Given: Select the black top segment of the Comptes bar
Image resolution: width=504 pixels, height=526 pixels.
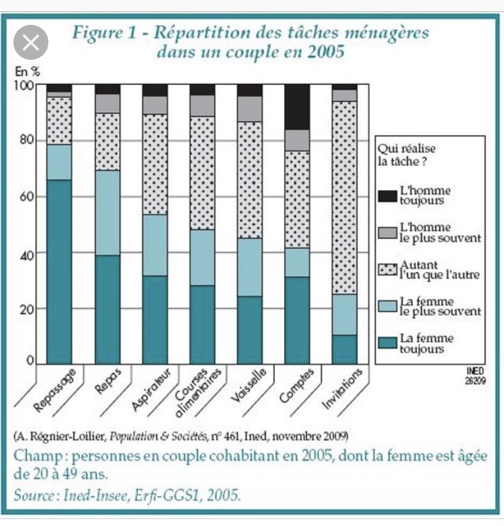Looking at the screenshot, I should point(296,107).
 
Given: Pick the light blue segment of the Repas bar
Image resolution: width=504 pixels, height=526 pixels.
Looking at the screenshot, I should point(107,212).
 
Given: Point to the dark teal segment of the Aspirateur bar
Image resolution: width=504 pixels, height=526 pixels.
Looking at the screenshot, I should point(155,320).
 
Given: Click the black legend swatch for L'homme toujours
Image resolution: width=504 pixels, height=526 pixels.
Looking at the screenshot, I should point(387,195).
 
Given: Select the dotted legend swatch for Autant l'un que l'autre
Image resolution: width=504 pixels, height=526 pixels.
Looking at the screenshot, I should point(387,269).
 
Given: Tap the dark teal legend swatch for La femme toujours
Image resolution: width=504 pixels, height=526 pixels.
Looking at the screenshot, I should point(387,343).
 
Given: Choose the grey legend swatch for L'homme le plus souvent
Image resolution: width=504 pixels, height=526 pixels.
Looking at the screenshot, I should point(387,232).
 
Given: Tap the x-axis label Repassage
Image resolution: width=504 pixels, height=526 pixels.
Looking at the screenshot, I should point(55,390).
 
